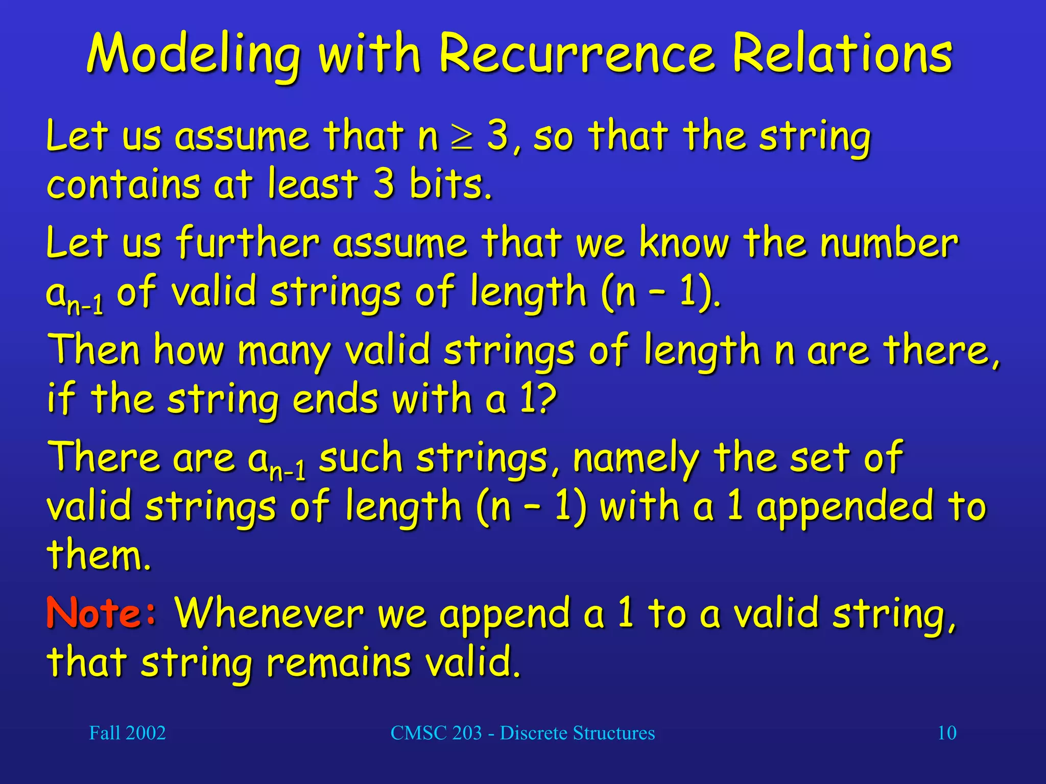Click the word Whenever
(x=269, y=612)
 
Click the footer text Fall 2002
(x=127, y=733)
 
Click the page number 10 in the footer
(x=947, y=733)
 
